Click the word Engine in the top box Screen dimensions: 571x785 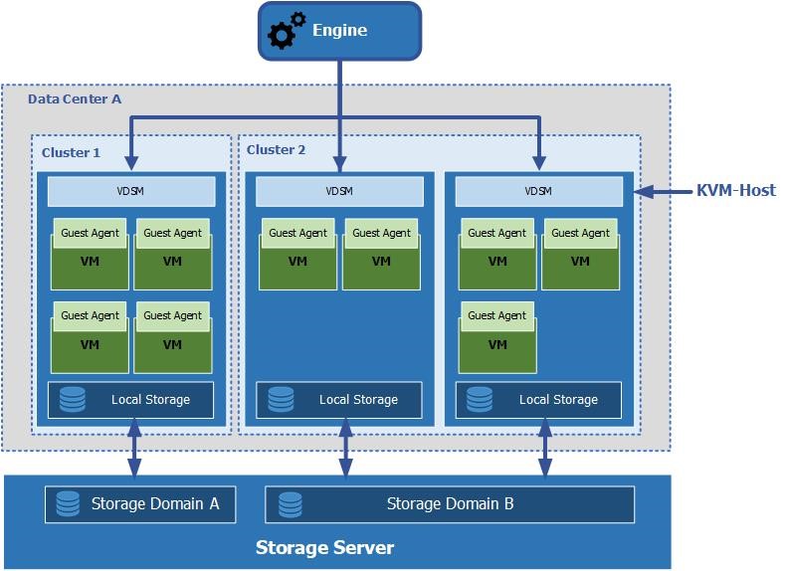click(x=340, y=30)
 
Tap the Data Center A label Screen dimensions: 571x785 click(x=75, y=99)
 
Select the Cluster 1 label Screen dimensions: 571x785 click(x=71, y=153)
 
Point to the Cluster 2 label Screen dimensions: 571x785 click(x=276, y=150)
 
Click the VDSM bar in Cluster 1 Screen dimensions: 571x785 click(x=131, y=191)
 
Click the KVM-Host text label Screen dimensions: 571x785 click(x=736, y=190)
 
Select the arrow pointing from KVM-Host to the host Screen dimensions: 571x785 click(x=662, y=191)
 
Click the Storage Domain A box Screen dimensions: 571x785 click(x=139, y=504)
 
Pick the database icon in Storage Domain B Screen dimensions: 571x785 click(x=291, y=504)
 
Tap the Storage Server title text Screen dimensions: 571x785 click(x=324, y=548)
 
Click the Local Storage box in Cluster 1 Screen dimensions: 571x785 click(x=131, y=400)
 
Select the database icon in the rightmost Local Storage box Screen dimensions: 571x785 click(x=480, y=400)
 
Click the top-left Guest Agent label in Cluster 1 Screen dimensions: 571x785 click(x=91, y=234)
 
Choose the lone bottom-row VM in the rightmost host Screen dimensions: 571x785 click(x=497, y=344)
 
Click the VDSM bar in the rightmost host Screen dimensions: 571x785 click(x=538, y=191)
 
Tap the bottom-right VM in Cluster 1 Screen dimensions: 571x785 click(x=173, y=344)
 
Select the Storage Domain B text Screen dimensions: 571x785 click(x=450, y=504)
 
